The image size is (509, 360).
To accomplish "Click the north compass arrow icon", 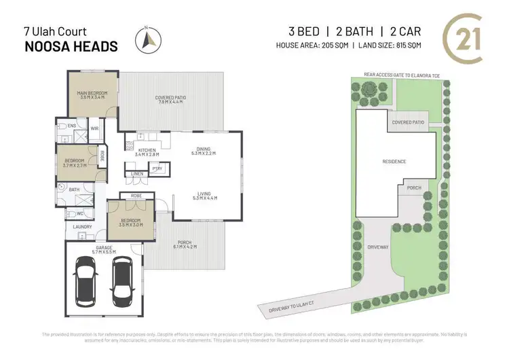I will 148,41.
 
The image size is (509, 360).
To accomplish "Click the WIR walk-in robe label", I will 95,128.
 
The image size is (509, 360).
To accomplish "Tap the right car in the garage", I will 121,278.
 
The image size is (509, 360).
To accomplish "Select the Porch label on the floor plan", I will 185,244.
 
